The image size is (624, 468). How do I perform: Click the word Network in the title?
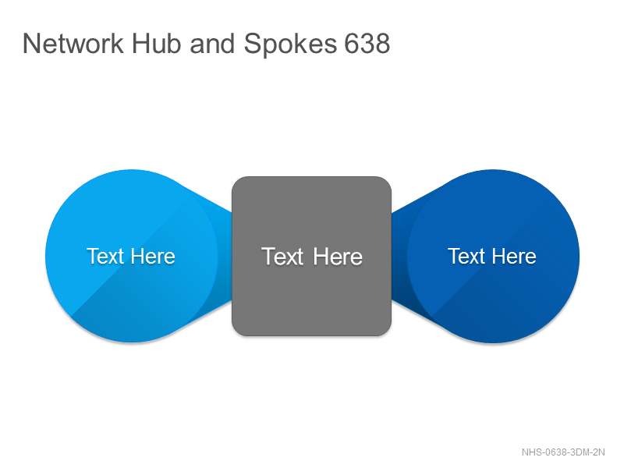[x=73, y=44]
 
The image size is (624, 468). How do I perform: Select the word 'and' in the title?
[x=212, y=44]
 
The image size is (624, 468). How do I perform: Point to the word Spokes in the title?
[x=290, y=44]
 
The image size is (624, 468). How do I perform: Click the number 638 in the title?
[x=367, y=44]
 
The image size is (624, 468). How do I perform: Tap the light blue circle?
[x=131, y=256]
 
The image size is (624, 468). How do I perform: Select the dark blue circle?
[x=493, y=256]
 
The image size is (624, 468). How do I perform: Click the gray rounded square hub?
[x=311, y=257]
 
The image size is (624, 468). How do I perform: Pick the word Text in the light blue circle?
[x=105, y=256]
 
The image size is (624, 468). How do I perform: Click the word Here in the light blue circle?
[x=153, y=256]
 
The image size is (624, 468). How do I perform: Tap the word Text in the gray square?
[x=282, y=257]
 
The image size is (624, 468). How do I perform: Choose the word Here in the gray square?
[x=338, y=257]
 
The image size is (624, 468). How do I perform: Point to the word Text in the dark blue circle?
[x=466, y=256]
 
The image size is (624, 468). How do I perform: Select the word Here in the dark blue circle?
[x=515, y=256]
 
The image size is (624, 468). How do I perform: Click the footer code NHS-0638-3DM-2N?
[x=563, y=452]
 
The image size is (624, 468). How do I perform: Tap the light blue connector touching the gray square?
[x=223, y=257]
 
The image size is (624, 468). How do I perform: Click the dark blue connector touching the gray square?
[x=400, y=257]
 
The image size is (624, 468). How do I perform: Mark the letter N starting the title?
[x=31, y=44]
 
